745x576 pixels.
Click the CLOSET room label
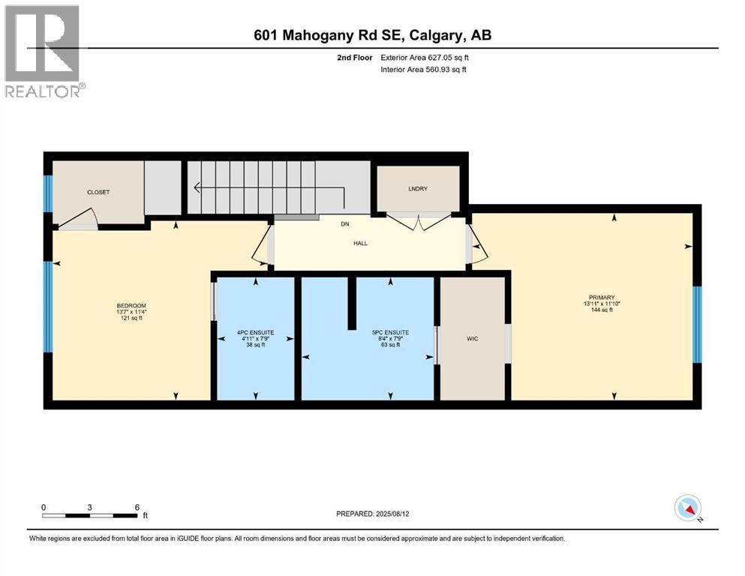coord(98,192)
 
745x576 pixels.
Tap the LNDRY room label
coord(418,188)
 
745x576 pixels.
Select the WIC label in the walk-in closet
coord(473,339)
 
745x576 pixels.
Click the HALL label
coord(362,243)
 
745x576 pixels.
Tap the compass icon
coord(687,508)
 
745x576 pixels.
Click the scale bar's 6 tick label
coord(137,507)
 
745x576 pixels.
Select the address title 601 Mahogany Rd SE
coord(372,35)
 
